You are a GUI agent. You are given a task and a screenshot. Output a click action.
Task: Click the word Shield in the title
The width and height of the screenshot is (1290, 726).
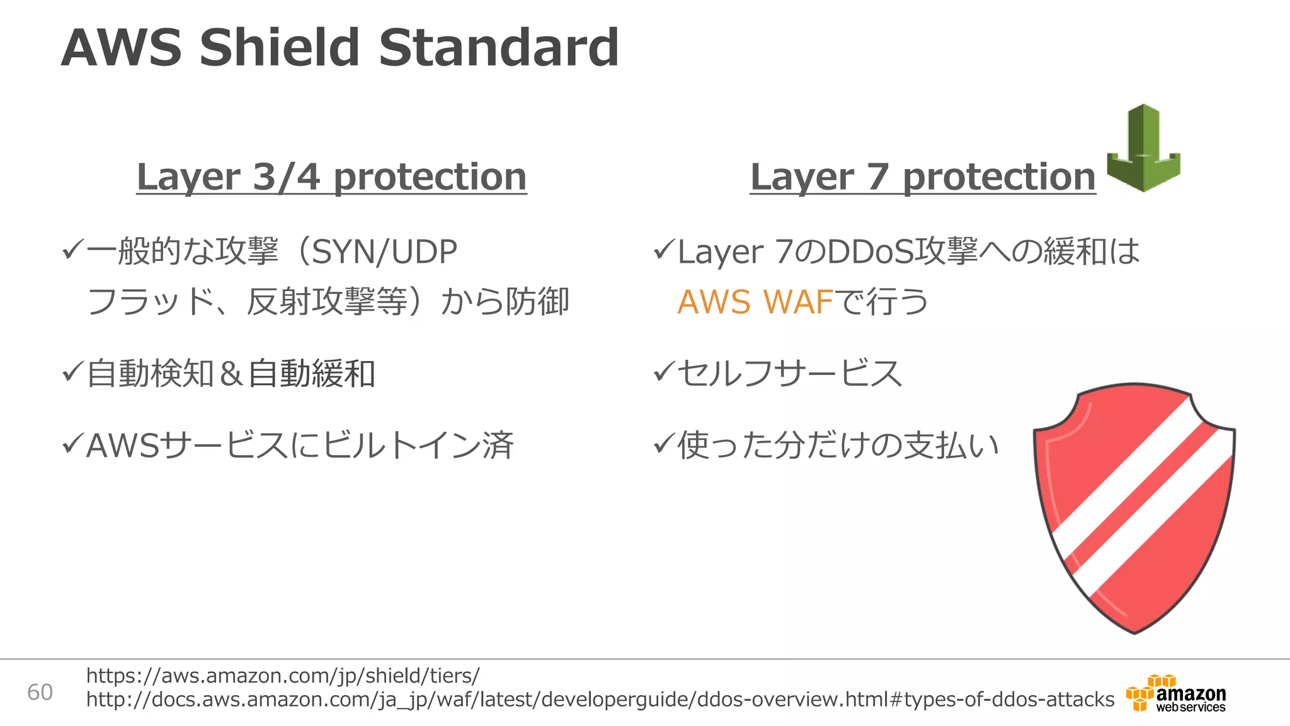coord(280,48)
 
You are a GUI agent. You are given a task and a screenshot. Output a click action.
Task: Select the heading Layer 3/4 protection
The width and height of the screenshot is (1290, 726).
coord(331,177)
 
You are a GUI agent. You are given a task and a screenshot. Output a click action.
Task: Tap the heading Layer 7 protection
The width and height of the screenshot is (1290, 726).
coord(923,177)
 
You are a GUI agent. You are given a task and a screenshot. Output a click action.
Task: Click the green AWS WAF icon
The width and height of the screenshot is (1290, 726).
coord(1143,148)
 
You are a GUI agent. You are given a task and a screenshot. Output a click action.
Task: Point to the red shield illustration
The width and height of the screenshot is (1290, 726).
coord(1134,507)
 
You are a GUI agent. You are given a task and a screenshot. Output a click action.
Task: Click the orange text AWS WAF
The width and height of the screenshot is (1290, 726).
coord(755,302)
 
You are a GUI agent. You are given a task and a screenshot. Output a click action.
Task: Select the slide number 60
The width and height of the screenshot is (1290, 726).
coord(40,693)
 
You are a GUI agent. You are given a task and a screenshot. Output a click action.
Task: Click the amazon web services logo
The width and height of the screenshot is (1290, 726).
coord(1176,693)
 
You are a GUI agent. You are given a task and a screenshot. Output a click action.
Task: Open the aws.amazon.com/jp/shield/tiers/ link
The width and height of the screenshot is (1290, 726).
coord(283,676)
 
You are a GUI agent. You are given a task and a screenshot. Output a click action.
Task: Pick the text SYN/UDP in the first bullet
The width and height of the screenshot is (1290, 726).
coord(384,252)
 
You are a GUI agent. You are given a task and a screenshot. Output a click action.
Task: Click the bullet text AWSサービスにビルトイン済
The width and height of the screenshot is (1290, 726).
coord(299,446)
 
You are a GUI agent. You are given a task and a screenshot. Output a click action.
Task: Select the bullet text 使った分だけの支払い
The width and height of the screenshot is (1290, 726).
coord(838,446)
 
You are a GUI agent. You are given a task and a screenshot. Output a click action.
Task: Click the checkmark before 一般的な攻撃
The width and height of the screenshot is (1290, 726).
coord(72,251)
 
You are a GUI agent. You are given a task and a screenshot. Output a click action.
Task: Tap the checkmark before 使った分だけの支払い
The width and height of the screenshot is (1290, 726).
coord(664,444)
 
